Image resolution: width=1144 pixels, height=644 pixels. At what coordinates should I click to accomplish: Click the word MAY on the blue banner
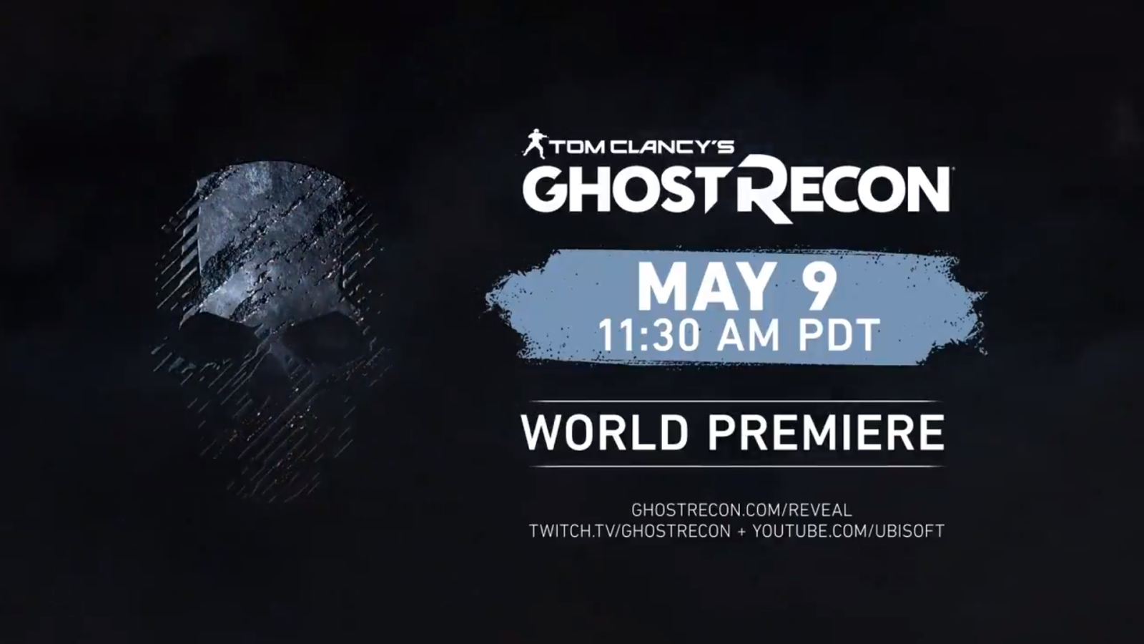coord(706,288)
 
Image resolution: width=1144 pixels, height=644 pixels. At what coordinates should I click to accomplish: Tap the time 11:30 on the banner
coord(648,336)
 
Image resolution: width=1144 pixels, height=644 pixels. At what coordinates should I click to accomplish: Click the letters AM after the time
coord(748,336)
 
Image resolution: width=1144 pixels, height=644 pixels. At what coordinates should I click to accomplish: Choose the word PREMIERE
coord(826,432)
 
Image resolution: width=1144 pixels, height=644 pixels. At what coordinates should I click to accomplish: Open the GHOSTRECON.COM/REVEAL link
coord(741,510)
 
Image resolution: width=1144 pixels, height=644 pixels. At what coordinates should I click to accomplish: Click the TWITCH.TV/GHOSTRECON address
coord(630,531)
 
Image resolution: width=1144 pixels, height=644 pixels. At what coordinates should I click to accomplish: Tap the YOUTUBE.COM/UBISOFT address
coord(848,531)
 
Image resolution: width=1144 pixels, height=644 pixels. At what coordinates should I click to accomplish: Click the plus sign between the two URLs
coord(741,532)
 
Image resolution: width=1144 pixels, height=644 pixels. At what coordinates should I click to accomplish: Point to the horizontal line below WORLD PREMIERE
coord(736,466)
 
